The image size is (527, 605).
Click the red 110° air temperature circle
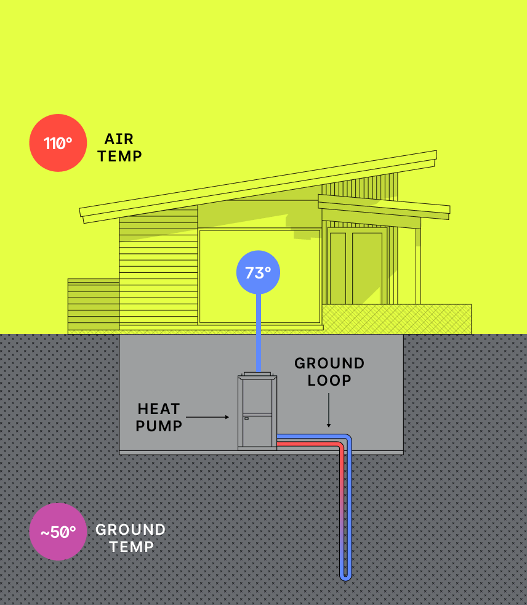click(x=58, y=143)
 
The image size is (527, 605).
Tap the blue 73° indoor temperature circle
click(x=258, y=272)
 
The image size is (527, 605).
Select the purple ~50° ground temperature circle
click(x=58, y=532)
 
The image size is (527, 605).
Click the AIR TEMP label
click(x=119, y=148)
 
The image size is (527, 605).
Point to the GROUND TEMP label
click(x=131, y=538)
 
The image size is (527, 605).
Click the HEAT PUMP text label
click(x=159, y=417)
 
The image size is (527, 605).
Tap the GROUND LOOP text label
click(x=329, y=372)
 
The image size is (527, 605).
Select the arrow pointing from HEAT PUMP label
click(x=207, y=417)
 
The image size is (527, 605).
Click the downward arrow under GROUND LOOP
click(x=329, y=410)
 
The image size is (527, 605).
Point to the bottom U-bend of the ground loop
click(x=345, y=577)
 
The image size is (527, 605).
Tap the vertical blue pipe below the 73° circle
click(x=258, y=333)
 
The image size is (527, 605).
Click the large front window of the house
click(x=259, y=277)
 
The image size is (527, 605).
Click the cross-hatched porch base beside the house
click(x=397, y=319)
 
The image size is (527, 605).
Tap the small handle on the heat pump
click(x=247, y=418)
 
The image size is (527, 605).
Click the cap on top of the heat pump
click(x=257, y=373)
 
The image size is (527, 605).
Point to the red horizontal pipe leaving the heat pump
click(x=308, y=444)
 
